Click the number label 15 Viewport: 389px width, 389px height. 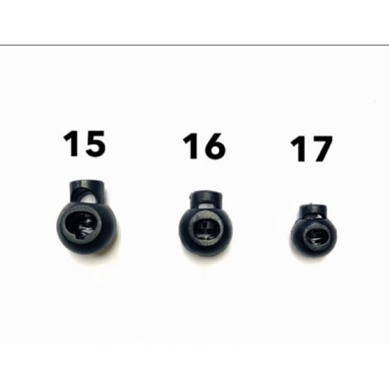[x=85, y=144]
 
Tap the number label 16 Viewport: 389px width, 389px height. [x=204, y=146]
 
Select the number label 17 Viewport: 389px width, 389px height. [x=311, y=149]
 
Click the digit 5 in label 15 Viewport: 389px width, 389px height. [x=95, y=144]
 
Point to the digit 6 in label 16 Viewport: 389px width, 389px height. [x=214, y=146]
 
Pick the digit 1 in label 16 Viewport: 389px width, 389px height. [x=190, y=146]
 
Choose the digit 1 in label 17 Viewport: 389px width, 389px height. [x=298, y=149]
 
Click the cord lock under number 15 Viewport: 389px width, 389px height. [x=87, y=216]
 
